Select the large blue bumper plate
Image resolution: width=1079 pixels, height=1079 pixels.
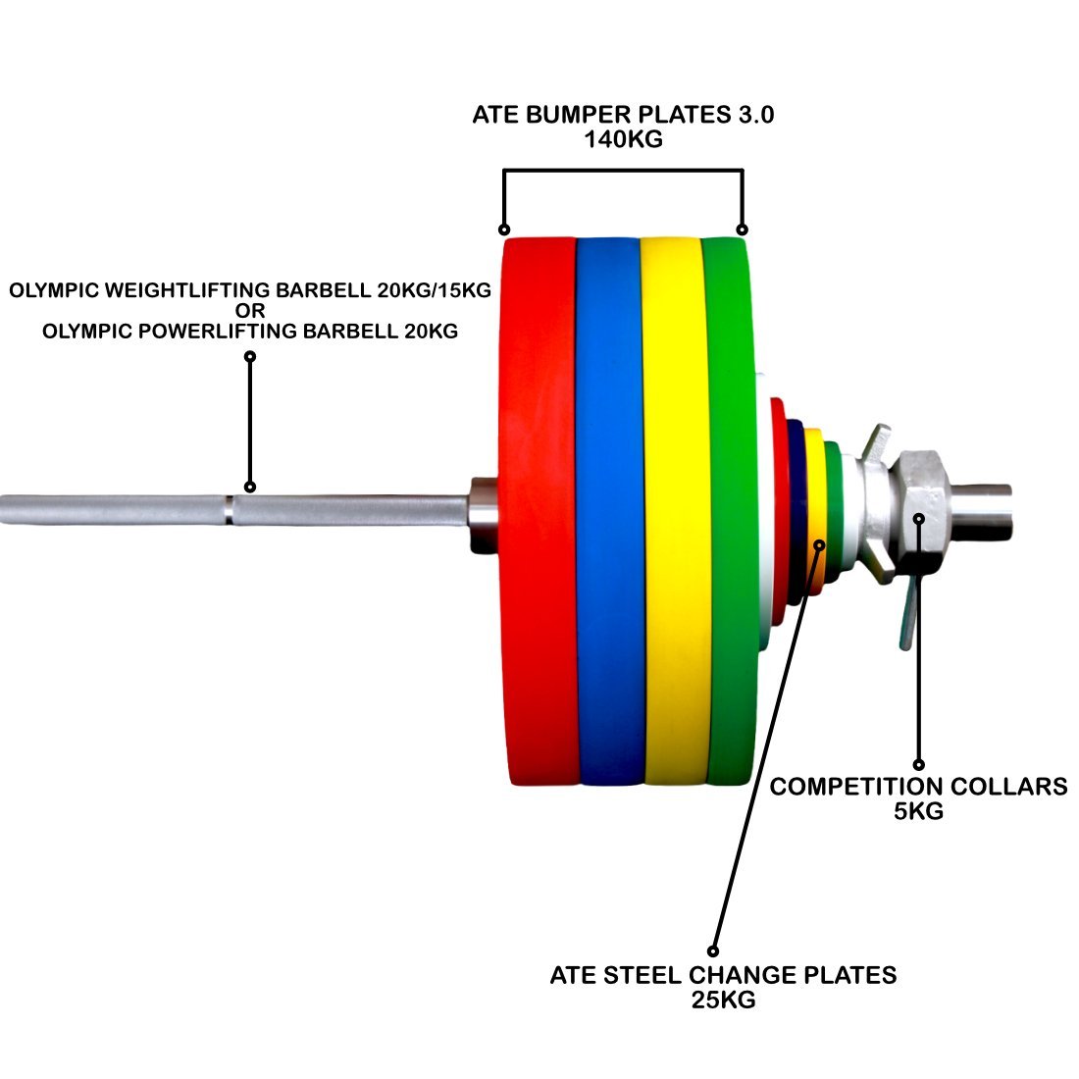click(x=608, y=510)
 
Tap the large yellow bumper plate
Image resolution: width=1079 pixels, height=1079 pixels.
click(x=674, y=510)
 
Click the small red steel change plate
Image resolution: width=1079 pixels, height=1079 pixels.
click(x=778, y=510)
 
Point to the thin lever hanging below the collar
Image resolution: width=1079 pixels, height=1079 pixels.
click(x=906, y=618)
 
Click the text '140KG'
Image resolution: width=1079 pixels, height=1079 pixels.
click(x=623, y=139)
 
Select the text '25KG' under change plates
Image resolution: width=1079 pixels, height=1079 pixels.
click(x=723, y=1001)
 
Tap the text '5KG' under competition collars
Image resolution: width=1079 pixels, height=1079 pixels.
click(x=918, y=811)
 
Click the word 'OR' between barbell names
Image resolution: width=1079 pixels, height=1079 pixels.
click(x=250, y=311)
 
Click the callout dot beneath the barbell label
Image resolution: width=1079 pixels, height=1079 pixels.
click(x=250, y=486)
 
